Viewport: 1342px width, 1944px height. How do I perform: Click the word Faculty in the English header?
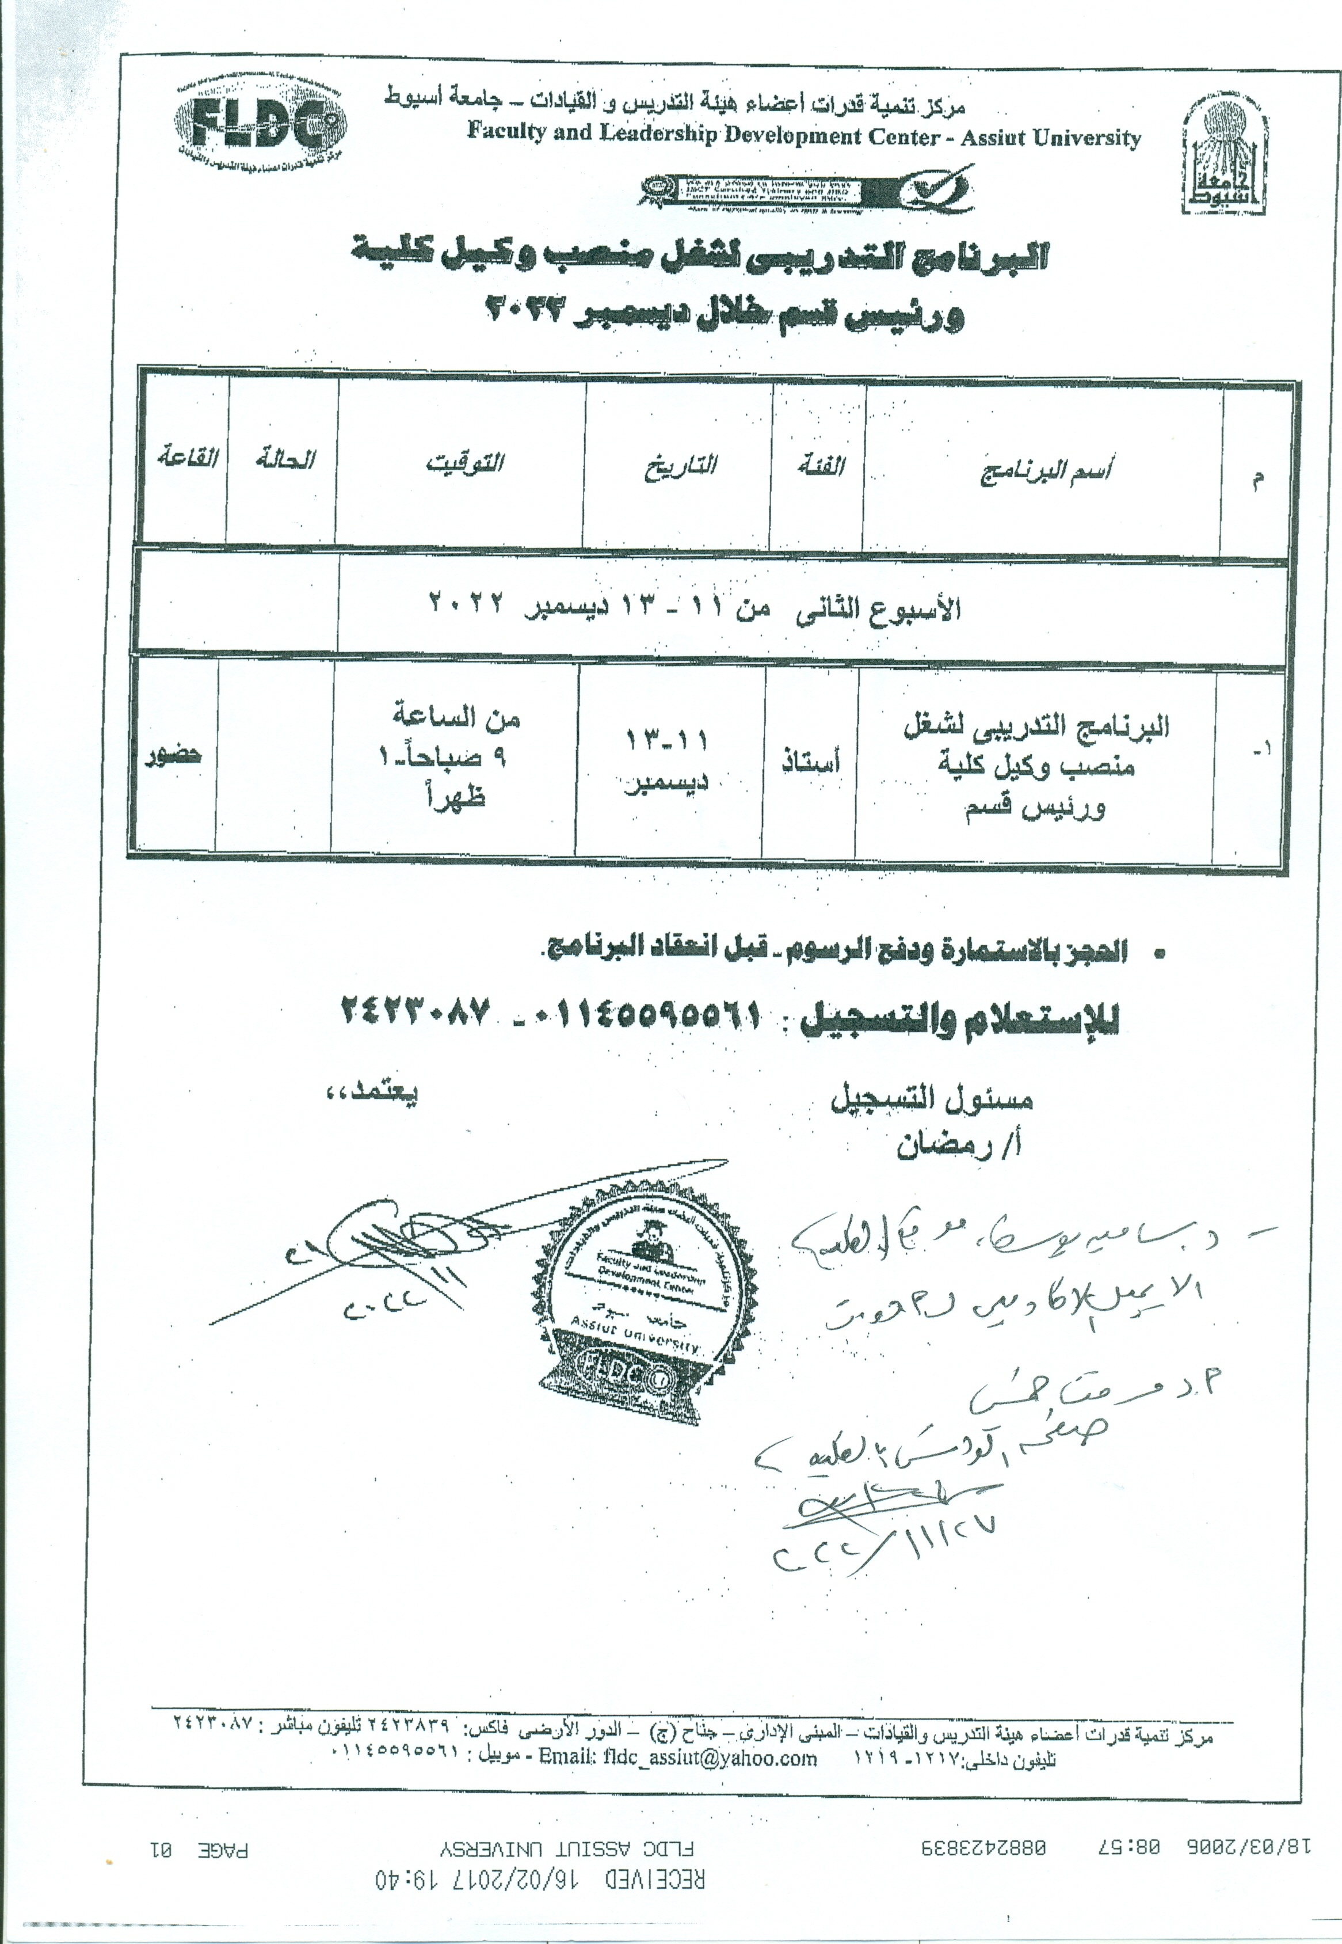click(506, 130)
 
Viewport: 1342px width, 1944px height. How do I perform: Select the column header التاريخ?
click(680, 465)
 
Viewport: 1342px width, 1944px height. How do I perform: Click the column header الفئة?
click(821, 465)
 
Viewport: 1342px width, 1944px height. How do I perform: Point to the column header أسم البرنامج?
click(1045, 471)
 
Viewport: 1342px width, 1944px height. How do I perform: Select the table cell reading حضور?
click(173, 753)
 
